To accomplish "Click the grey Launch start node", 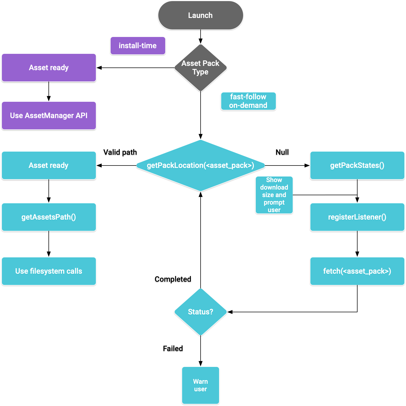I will [x=200, y=15].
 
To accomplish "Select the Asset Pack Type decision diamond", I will [x=200, y=67].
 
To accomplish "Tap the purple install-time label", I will [x=138, y=46].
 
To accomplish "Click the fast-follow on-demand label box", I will [x=248, y=101].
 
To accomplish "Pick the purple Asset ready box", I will [x=49, y=67].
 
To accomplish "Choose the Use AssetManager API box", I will [x=49, y=115].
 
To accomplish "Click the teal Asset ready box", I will [x=49, y=165].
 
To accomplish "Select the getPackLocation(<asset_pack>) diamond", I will [x=200, y=165].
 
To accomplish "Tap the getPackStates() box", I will [x=357, y=165].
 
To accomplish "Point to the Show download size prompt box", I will [x=274, y=195].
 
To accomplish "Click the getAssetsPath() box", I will [x=49, y=217].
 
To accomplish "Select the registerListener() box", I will [x=357, y=217].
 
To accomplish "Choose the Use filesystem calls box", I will [x=49, y=271].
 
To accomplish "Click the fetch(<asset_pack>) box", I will [x=357, y=271].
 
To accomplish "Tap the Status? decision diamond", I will [x=200, y=312].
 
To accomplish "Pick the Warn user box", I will [x=200, y=385].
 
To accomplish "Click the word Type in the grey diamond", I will [x=200, y=72].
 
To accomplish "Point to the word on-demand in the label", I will [x=248, y=106].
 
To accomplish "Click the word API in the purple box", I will [x=81, y=115].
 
